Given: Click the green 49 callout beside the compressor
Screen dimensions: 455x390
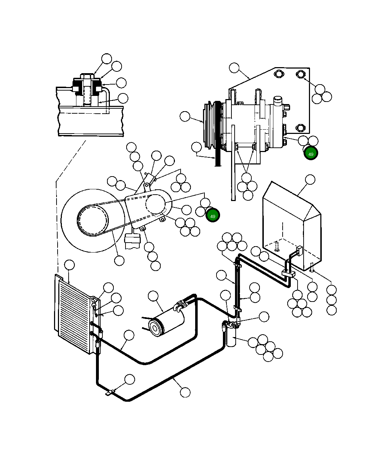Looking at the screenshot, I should pos(311,153).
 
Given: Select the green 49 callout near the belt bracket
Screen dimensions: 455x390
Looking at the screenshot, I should pos(213,215).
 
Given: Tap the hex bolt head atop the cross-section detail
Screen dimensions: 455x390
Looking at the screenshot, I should pos(87,76).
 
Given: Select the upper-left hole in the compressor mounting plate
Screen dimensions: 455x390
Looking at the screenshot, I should pos(278,74).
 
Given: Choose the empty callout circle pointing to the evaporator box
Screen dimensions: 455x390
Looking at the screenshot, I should pos(310,180).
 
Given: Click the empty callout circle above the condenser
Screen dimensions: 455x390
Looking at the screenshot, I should pos(69,265).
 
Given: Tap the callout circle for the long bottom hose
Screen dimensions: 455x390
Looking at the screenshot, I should pos(185,392).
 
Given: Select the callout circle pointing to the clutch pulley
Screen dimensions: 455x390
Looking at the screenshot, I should pos(185,116).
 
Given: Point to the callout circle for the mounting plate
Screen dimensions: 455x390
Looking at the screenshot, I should pos(234,68).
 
